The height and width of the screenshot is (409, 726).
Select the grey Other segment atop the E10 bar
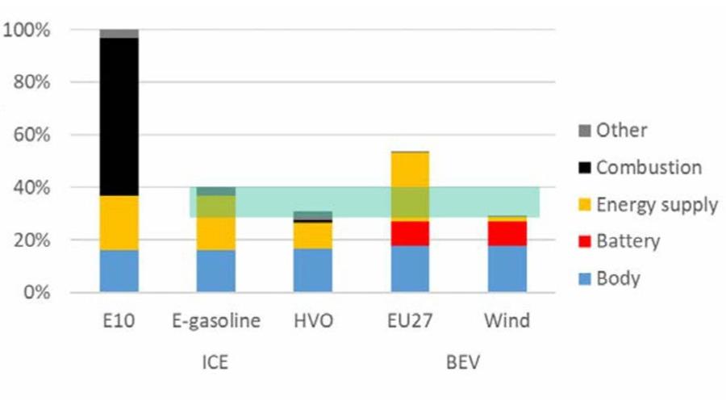119,34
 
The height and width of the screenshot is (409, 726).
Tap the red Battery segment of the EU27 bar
410,233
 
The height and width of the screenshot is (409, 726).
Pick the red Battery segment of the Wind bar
507,233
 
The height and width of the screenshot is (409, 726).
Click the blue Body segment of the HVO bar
313,270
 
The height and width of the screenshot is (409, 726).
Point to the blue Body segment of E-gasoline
216,271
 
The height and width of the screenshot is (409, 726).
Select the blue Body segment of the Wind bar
507,269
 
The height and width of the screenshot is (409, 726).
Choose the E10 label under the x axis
119,321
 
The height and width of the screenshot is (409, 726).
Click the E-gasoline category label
216,321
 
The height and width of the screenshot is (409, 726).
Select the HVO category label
313,321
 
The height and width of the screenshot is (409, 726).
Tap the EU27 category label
410,321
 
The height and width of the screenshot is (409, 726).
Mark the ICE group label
215,362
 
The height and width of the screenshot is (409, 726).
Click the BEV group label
462,362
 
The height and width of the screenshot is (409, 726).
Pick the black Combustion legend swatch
585,168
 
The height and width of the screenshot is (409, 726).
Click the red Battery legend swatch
585,242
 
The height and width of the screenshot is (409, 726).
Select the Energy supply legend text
657,205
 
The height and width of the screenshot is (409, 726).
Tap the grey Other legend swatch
585,131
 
